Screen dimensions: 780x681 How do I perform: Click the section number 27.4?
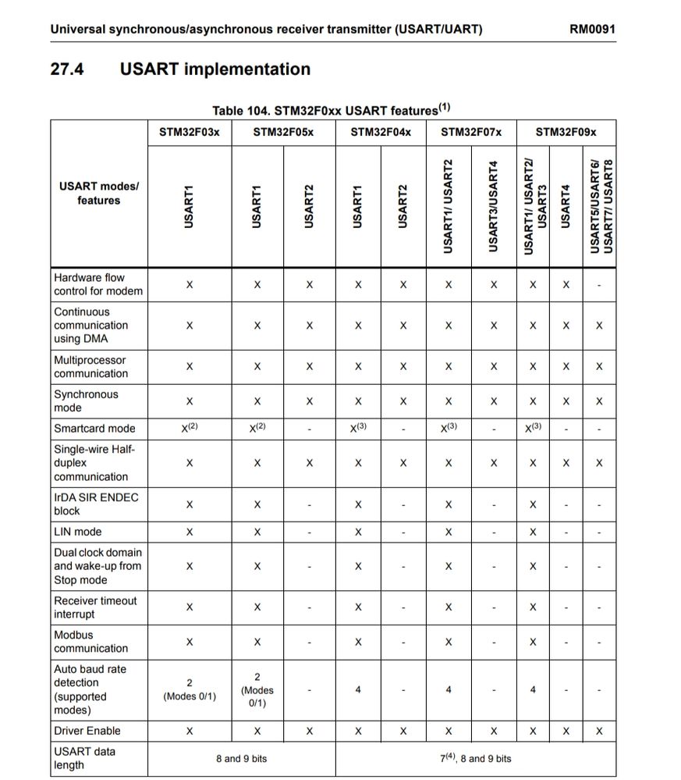pyautogui.click(x=67, y=69)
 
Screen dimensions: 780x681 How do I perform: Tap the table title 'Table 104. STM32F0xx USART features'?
pyautogui.click(x=331, y=110)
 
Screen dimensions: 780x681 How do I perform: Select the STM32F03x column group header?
pyautogui.click(x=190, y=132)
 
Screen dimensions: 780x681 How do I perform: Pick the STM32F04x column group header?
pyautogui.click(x=381, y=132)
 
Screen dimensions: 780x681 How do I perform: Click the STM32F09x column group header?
pyautogui.click(x=566, y=132)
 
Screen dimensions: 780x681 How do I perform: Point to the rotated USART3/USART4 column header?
pyautogui.click(x=492, y=206)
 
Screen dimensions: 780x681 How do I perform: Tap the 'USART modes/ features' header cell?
pyautogui.click(x=99, y=194)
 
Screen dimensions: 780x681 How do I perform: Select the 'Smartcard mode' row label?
pyautogui.click(x=94, y=429)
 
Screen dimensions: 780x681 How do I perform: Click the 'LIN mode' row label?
pyautogui.click(x=78, y=532)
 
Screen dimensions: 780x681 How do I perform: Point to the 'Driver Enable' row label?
pyautogui.click(x=87, y=731)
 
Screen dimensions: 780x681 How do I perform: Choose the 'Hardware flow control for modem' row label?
pyautogui.click(x=98, y=284)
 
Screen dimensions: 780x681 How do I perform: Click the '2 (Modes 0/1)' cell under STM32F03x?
pyautogui.click(x=190, y=689)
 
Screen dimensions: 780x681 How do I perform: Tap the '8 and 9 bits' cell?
pyautogui.click(x=241, y=758)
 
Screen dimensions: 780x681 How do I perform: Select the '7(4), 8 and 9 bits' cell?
pyautogui.click(x=476, y=758)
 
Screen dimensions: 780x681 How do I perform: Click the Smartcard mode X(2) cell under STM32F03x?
pyautogui.click(x=190, y=428)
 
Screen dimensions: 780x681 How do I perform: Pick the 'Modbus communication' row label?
pyautogui.click(x=90, y=642)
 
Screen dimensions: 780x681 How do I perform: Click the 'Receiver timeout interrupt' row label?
pyautogui.click(x=95, y=607)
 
